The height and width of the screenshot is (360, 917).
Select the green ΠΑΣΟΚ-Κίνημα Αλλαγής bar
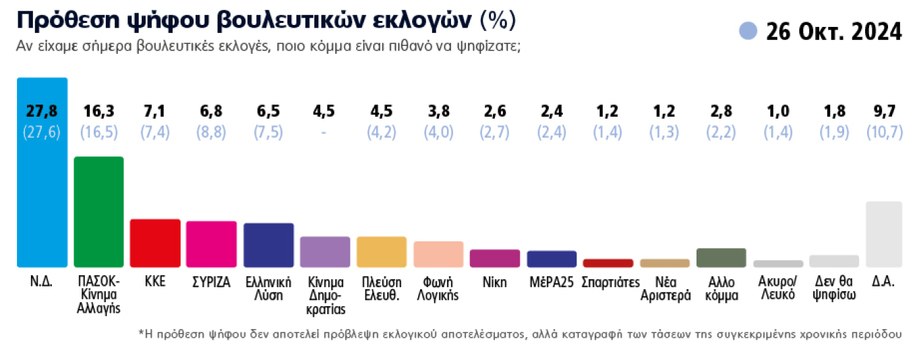click(x=98, y=212)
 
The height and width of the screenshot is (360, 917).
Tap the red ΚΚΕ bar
click(x=155, y=243)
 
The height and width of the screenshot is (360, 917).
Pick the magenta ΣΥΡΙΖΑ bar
click(x=212, y=244)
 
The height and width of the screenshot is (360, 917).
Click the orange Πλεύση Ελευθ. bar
click(x=382, y=251)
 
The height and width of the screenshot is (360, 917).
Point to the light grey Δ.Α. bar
click(x=883, y=234)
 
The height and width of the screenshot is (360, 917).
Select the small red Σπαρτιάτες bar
click(x=608, y=263)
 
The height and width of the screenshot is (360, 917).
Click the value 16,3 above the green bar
click(x=98, y=111)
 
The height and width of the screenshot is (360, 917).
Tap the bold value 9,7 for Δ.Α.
click(x=883, y=111)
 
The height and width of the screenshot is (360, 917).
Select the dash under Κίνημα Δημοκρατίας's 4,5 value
click(x=325, y=132)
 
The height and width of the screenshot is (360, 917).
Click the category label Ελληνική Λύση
click(x=268, y=289)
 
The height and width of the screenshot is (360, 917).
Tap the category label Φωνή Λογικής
click(x=438, y=289)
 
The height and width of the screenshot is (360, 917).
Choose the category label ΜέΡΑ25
click(x=552, y=282)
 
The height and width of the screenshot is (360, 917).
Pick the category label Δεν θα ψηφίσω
click(x=834, y=289)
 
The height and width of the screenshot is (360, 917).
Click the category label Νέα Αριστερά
click(x=665, y=289)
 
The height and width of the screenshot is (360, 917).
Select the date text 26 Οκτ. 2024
click(x=833, y=31)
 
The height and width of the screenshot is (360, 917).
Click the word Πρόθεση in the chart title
click(x=57, y=22)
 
